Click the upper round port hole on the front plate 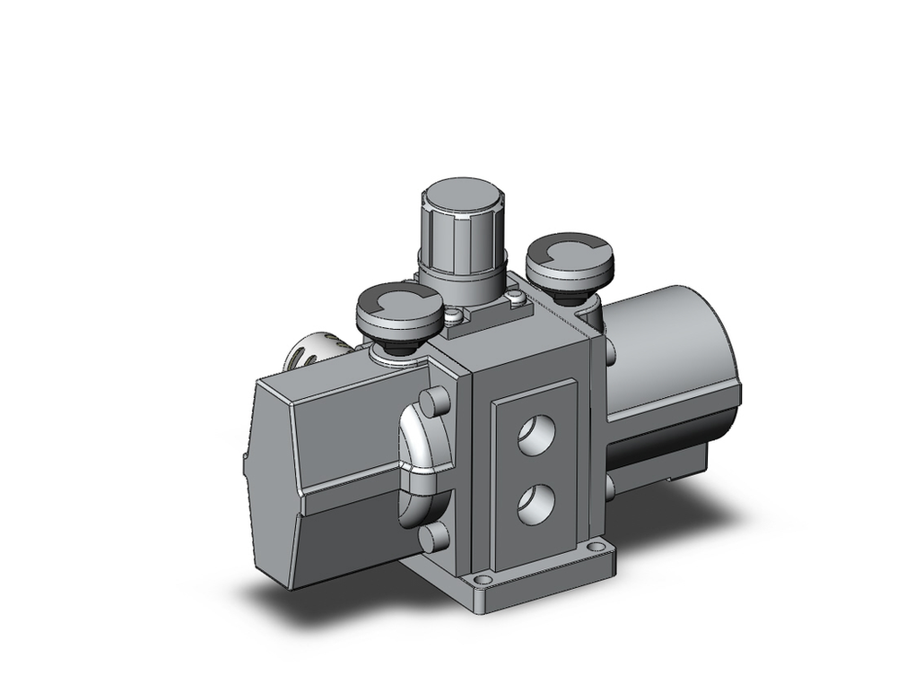pyautogui.click(x=536, y=434)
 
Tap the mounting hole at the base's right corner pyautogui.click(x=597, y=547)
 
